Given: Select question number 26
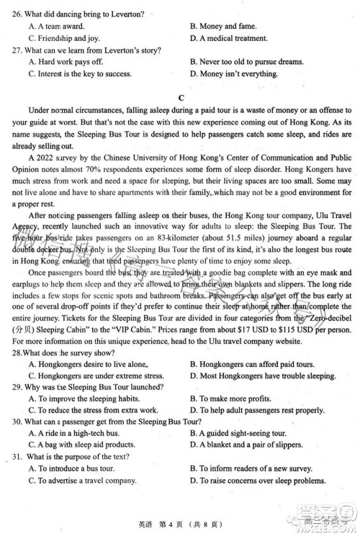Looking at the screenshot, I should tap(15, 14).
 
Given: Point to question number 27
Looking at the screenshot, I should tap(15, 50).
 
